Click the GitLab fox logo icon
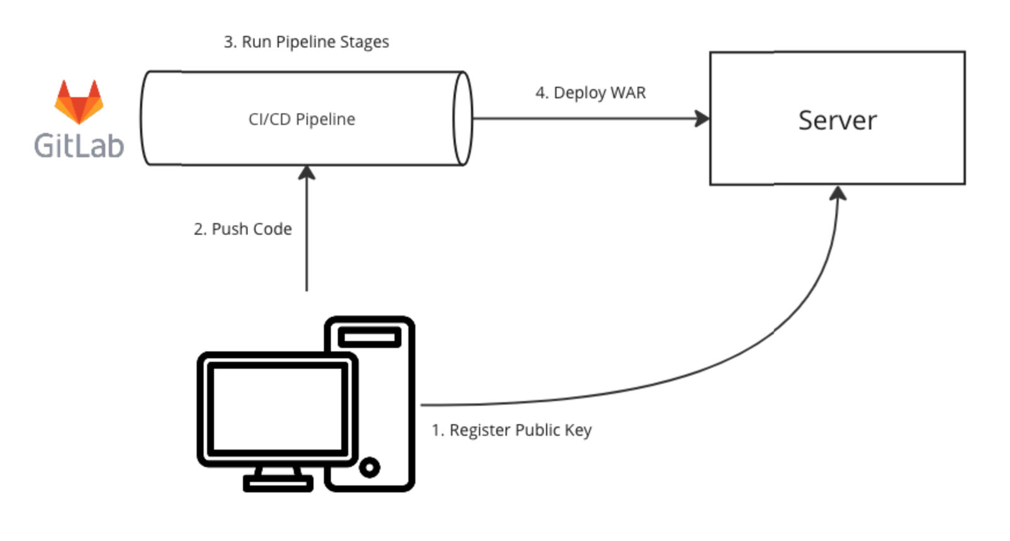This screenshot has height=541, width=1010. (x=79, y=102)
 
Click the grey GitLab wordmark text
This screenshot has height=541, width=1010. (x=79, y=146)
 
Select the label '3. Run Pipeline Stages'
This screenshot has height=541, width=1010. (x=306, y=42)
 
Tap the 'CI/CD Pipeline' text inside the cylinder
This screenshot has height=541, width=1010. (x=302, y=119)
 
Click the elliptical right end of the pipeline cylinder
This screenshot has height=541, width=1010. (x=463, y=119)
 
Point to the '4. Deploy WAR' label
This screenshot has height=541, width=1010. (x=590, y=93)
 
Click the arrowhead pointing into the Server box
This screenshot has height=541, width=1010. (x=702, y=119)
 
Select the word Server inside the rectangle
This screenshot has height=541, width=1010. (x=837, y=120)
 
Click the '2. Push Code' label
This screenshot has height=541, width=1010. (x=242, y=229)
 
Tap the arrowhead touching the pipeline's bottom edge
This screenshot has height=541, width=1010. (x=307, y=173)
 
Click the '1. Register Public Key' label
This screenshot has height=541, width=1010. (x=511, y=430)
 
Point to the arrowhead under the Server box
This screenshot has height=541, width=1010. (x=838, y=194)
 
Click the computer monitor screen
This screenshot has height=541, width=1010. (x=277, y=409)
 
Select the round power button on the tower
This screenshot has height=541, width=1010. (x=370, y=467)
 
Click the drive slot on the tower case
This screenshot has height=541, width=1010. (x=370, y=337)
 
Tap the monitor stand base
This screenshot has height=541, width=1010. (x=278, y=484)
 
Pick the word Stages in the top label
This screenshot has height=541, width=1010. (x=364, y=42)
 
